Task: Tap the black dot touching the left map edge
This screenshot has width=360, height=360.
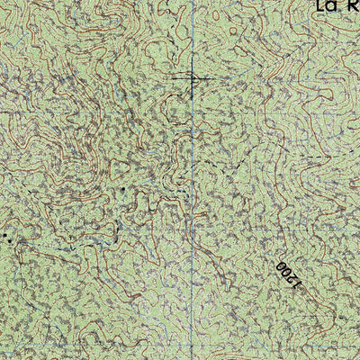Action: tap(3, 235)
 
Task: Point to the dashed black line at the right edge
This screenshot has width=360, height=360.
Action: tap(337, 157)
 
